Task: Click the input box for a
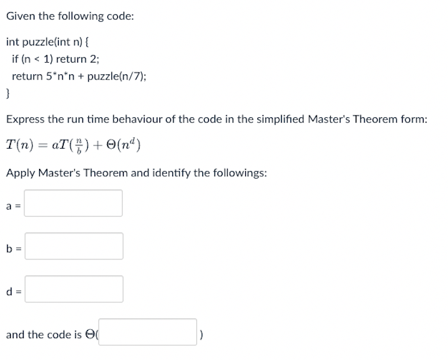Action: point(74,203)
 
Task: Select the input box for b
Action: point(74,246)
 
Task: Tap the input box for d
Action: point(74,289)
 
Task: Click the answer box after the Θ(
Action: point(147,332)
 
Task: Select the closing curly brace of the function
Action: point(8,94)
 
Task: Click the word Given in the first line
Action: point(22,16)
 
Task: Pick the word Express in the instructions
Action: point(25,119)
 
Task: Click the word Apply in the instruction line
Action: point(20,172)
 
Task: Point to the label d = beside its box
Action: point(12,290)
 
